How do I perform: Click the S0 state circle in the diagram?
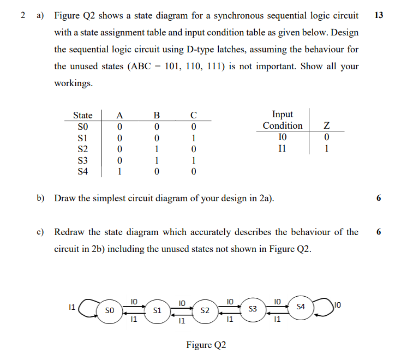pos(109,310)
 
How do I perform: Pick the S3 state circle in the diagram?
pos(253,309)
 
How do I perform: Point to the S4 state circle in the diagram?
pos(301,307)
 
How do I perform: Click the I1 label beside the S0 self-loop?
pos(71,308)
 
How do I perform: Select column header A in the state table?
pos(120,115)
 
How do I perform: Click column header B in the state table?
pos(157,115)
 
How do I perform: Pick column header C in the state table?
pos(193,115)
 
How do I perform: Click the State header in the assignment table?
pos(83,115)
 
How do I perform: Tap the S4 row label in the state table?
pos(83,172)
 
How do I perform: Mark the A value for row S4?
pos(120,172)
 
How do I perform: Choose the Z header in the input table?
pos(327,125)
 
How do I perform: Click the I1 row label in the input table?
pos(282,148)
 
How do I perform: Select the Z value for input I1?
pos(327,148)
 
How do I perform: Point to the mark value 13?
pos(379,15)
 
